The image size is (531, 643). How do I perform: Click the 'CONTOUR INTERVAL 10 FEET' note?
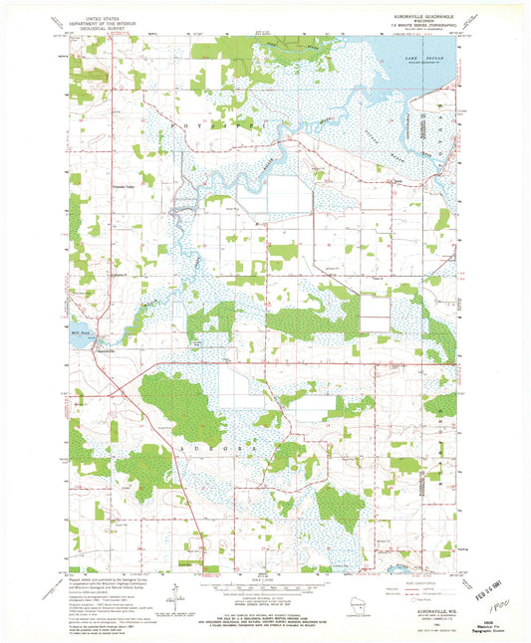pos(264,602)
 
